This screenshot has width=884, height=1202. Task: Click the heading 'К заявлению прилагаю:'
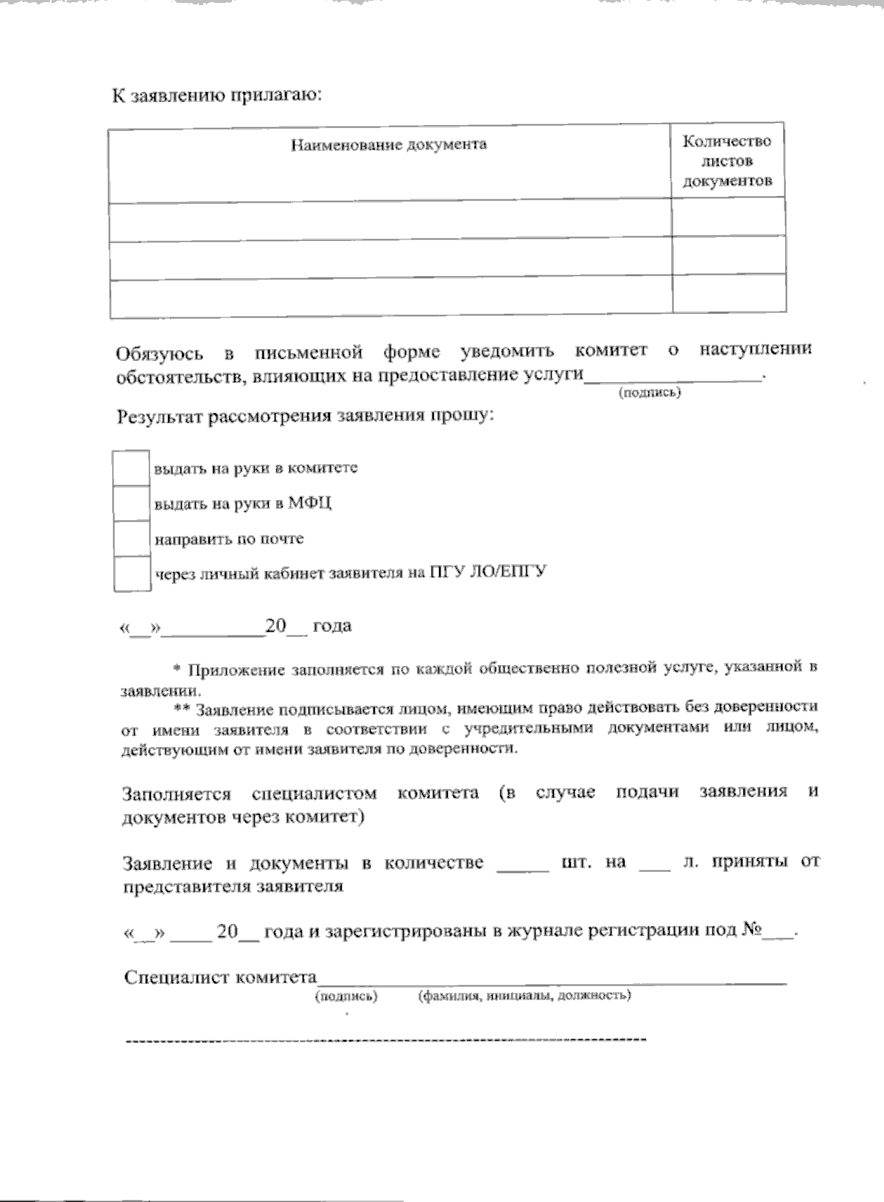point(217,96)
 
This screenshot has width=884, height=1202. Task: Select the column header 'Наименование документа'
point(388,144)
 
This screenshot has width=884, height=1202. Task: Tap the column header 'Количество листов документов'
point(727,161)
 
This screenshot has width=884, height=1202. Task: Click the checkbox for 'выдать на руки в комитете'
point(131,468)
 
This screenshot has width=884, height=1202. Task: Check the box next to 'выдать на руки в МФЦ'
point(131,504)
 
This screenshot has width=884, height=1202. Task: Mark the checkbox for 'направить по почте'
point(131,539)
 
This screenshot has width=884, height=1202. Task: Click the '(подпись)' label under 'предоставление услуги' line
point(649,393)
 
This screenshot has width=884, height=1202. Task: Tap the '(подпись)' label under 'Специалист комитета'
point(346,997)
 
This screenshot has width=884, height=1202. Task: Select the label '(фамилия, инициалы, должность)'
point(524,997)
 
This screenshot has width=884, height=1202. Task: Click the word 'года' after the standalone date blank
point(331,626)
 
